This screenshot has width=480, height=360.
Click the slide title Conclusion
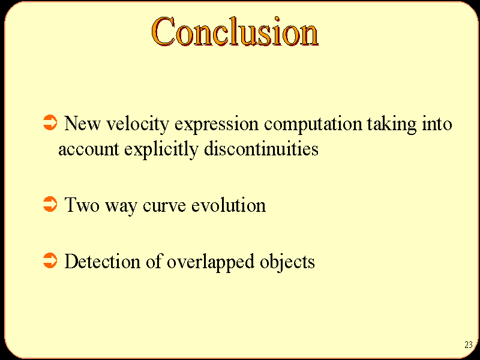click(x=235, y=31)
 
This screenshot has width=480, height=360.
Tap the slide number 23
click(x=469, y=344)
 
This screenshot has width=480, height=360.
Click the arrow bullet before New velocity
click(x=50, y=122)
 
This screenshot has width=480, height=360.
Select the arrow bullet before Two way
click(x=50, y=204)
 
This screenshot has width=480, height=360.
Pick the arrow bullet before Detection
click(x=50, y=260)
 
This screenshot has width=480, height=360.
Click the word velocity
click(x=137, y=125)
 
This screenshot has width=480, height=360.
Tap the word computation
click(x=313, y=125)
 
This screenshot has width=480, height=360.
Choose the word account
click(x=88, y=149)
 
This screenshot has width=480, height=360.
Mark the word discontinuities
click(x=261, y=148)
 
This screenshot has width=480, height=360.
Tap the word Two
click(x=82, y=205)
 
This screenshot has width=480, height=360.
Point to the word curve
click(x=164, y=206)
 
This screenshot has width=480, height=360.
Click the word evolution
click(x=229, y=205)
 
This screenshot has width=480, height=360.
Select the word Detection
click(x=102, y=261)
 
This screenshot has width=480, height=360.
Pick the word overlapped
click(x=211, y=262)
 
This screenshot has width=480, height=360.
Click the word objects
click(x=287, y=262)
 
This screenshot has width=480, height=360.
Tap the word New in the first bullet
click(x=82, y=124)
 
